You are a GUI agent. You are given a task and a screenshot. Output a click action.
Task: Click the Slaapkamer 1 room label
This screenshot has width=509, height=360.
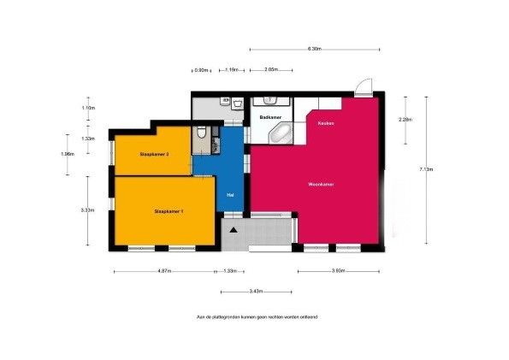pyautogui.click(x=169, y=210)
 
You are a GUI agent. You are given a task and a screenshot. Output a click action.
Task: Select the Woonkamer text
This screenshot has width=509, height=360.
pyautogui.click(x=321, y=184)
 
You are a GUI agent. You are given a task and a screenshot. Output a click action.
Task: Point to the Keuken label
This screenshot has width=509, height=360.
pyautogui.click(x=325, y=124)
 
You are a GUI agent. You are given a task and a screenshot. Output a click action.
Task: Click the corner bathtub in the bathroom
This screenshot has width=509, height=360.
pyautogui.click(x=280, y=134)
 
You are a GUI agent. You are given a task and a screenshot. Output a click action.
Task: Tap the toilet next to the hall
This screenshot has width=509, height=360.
pyautogui.click(x=200, y=133)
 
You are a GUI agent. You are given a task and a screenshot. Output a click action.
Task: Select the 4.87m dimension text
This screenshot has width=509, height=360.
pyautogui.click(x=163, y=271)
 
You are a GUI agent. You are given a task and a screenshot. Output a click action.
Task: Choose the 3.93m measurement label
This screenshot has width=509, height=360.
pyautogui.click(x=338, y=271)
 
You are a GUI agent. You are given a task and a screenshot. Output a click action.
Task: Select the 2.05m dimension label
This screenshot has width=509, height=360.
pyautogui.click(x=270, y=69)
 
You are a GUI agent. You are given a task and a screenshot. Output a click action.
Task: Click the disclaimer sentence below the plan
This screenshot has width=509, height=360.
pyautogui.click(x=257, y=316)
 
